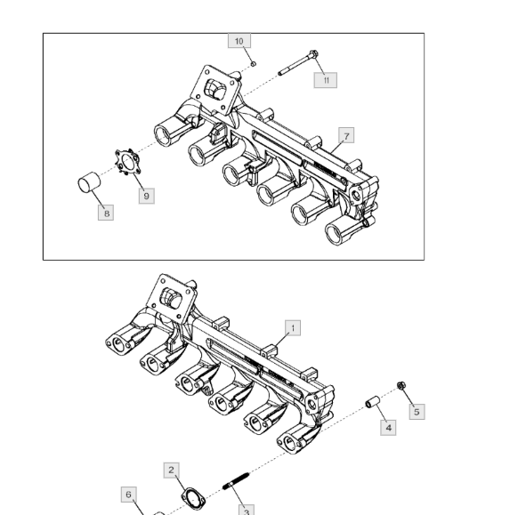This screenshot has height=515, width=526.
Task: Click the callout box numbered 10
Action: point(239,41)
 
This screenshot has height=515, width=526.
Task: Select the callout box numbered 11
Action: point(326,80)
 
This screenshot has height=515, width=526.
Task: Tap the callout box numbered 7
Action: point(346,135)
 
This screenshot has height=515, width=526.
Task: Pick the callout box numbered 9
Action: point(147,196)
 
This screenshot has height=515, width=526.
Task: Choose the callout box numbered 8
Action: point(106,213)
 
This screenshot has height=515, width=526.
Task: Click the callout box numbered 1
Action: point(293,327)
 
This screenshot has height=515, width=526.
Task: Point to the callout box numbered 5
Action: point(417,412)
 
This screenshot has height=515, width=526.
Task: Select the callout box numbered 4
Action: point(388,428)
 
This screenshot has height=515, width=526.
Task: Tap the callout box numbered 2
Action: point(172,470)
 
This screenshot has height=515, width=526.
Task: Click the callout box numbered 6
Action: point(129,495)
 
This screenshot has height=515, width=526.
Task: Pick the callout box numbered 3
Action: point(247,510)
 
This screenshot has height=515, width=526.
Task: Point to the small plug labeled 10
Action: point(254,63)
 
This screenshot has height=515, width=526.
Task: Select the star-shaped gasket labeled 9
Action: point(127,162)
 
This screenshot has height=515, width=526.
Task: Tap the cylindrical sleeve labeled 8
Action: point(89,182)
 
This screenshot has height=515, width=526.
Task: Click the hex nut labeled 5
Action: point(401,385)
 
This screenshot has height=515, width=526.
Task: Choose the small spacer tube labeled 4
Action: point(373,402)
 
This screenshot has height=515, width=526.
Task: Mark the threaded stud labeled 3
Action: point(236,480)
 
